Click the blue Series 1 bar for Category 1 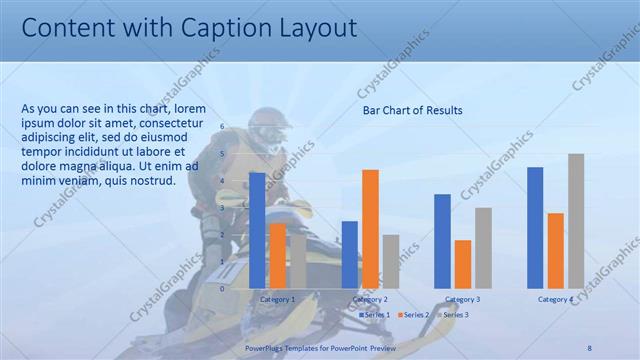[x=257, y=230]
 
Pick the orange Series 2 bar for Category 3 [x=463, y=263]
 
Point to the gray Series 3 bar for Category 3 [x=483, y=247]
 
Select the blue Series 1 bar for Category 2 [x=349, y=254]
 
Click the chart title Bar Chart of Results [x=412, y=110]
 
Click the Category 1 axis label [x=277, y=299]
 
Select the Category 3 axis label [x=463, y=299]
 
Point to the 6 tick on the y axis [x=223, y=127]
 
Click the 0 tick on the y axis [x=223, y=288]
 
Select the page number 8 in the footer [x=589, y=346]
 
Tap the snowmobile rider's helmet [x=267, y=126]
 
